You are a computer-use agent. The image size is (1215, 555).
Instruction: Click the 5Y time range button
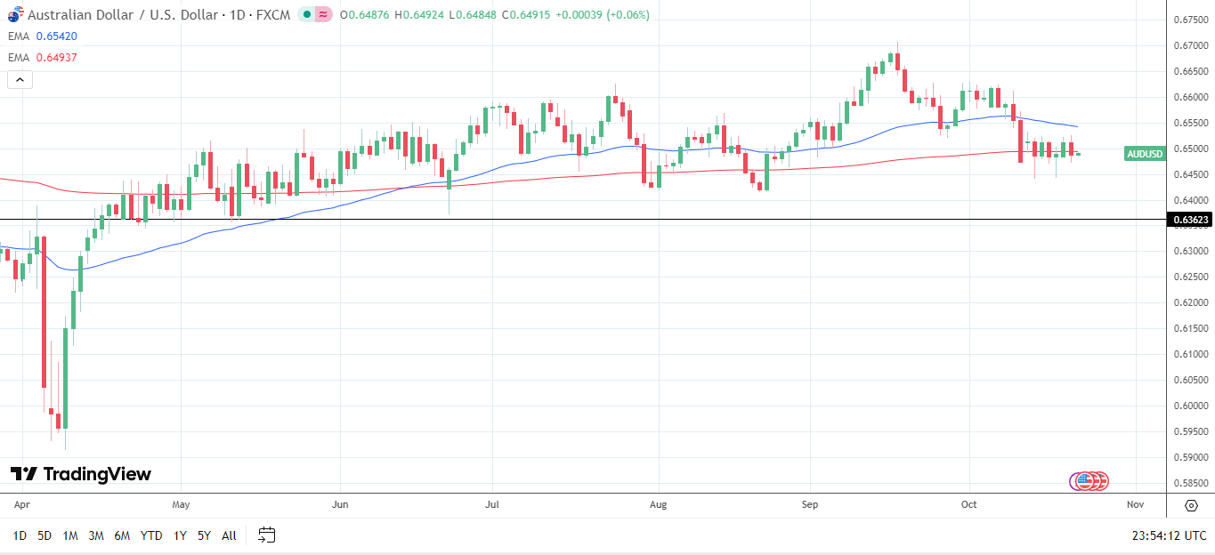coord(204,535)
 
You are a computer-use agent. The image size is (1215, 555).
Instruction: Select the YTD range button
coord(151,535)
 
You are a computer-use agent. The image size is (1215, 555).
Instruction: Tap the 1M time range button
coord(70,535)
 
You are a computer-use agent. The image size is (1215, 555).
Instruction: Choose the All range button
coord(229,535)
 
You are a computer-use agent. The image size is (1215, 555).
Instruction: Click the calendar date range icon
coord(266,535)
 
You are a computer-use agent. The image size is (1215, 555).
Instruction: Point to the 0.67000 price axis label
coord(1189,45)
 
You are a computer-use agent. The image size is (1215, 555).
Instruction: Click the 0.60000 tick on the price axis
coord(1189,406)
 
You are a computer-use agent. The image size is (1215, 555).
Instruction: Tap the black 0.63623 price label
coord(1189,220)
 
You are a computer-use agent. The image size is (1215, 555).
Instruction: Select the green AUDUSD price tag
coord(1145,154)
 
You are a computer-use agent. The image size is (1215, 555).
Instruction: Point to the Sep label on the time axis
coord(810,505)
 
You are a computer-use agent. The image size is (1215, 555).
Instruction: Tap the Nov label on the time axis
coord(1135,505)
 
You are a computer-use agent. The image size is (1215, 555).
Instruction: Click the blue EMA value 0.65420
coord(56,36)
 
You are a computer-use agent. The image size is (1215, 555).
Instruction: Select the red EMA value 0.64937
coord(56,58)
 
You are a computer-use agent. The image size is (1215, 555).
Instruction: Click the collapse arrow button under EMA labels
coord(20,80)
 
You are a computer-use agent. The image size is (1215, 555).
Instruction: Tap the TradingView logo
coord(81,474)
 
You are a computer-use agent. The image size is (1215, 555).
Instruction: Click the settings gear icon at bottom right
coord(1191,505)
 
